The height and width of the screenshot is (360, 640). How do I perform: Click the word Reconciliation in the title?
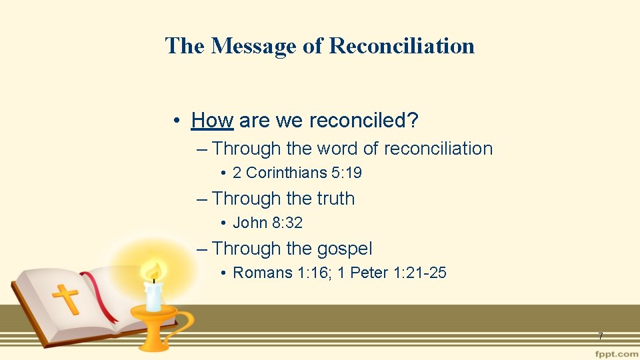[402, 46]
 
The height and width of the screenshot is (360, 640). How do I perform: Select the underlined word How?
[211, 121]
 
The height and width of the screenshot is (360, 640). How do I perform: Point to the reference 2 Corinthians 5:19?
[297, 173]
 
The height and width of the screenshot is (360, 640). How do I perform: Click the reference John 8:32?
[267, 223]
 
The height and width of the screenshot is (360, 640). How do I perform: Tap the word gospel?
[344, 249]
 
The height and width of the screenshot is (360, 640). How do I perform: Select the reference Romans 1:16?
[272, 273]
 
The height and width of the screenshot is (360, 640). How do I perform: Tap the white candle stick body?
[154, 296]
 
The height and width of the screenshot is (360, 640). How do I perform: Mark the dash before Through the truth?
[203, 199]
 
